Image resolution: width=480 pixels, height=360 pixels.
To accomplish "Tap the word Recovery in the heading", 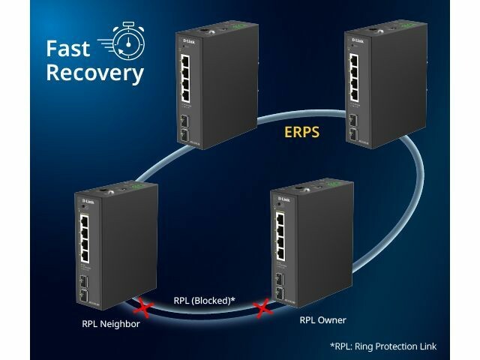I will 94,73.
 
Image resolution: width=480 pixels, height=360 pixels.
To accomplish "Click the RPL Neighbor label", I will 111,325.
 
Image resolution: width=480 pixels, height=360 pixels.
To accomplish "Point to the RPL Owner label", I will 322,320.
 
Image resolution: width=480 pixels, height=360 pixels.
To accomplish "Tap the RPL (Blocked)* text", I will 205,301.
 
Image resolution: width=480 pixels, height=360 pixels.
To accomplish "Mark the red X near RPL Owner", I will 263,307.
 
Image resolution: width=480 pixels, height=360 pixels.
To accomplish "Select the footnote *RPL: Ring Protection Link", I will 382,346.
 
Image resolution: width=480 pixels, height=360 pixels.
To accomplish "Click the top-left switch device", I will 212,90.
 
